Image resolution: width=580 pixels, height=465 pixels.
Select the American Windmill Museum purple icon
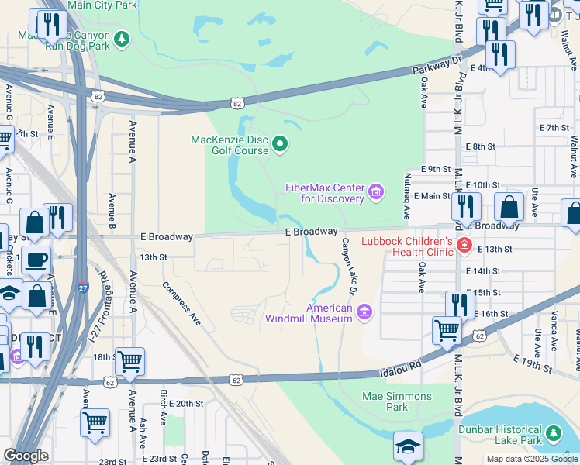tap(364, 312)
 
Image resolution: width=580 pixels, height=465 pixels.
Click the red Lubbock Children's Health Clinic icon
tap(464, 245)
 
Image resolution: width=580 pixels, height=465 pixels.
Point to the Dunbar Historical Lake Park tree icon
tap(553, 432)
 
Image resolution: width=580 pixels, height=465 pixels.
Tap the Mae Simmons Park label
tap(385, 401)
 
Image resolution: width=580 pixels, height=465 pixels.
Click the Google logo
tap(26, 456)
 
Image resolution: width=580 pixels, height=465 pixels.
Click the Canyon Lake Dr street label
tap(347, 266)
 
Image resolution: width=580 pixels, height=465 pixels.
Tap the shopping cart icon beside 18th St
tap(129, 361)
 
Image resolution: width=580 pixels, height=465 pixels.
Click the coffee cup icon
tap(36, 260)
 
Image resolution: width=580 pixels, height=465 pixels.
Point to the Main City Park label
tap(102, 5)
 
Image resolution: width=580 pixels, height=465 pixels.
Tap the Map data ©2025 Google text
tap(531, 459)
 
